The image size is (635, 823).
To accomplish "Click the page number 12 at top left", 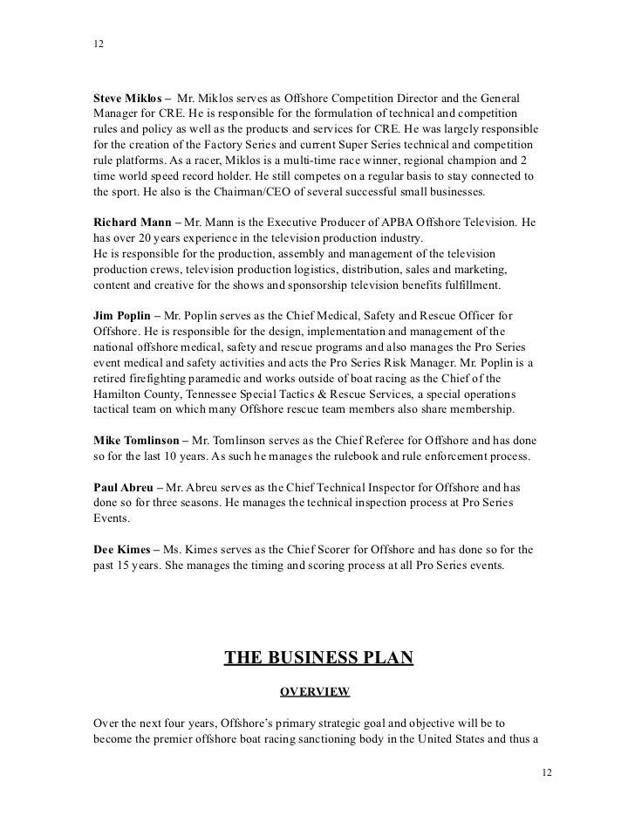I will (x=98, y=44).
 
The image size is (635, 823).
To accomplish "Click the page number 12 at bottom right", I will (x=547, y=773).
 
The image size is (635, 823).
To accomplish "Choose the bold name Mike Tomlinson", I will (x=140, y=440).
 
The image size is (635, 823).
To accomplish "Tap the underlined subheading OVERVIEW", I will (x=315, y=692).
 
